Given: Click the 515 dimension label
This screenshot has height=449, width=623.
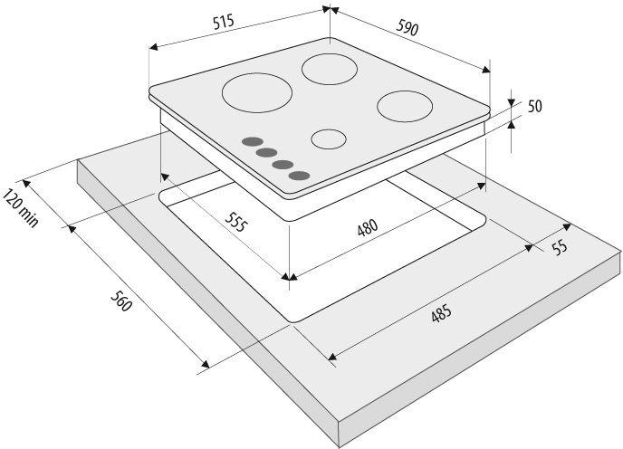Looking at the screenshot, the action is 224,23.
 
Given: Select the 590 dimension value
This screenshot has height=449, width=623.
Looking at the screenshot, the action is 407,27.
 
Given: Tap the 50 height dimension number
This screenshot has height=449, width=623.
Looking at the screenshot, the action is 535,106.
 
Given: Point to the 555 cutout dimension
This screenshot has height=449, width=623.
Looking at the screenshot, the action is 236,222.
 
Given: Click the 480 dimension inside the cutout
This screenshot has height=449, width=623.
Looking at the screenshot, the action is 368,228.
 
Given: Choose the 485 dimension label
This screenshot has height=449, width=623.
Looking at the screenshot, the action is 441,313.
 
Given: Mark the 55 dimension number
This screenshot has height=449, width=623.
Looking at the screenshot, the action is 560,247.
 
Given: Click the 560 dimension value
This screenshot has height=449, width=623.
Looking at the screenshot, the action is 120,301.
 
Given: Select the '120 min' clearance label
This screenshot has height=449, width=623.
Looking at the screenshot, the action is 21,208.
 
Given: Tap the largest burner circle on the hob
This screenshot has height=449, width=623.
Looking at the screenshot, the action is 257,92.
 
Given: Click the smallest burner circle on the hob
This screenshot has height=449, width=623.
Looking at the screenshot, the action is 329,139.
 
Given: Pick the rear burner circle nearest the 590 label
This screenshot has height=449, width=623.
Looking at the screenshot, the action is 330,69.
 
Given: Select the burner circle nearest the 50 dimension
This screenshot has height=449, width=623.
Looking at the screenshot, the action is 405,106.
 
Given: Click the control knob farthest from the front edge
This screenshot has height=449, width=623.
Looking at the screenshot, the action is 253,142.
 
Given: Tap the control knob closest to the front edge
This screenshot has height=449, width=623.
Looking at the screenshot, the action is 300,176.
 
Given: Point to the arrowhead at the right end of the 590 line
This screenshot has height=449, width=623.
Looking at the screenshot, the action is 486,70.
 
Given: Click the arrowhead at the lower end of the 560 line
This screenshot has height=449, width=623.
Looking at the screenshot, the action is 206,364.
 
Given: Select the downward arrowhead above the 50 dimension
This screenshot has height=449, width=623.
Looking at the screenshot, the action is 512,103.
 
